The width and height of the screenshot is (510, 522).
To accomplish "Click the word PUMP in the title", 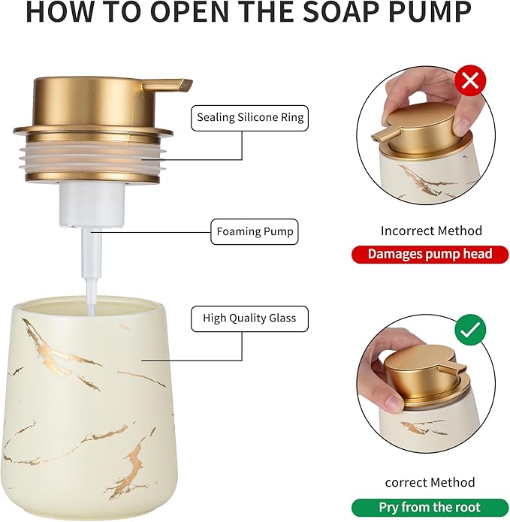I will (x=428, y=13).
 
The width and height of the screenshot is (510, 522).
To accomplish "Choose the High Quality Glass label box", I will (x=249, y=318).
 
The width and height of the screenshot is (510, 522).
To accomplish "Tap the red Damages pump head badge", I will (x=430, y=254).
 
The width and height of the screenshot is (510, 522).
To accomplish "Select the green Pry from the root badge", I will (x=429, y=507).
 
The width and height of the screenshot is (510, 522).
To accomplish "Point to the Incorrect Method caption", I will (x=430, y=231).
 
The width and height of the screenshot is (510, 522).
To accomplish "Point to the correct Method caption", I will (x=430, y=482).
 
